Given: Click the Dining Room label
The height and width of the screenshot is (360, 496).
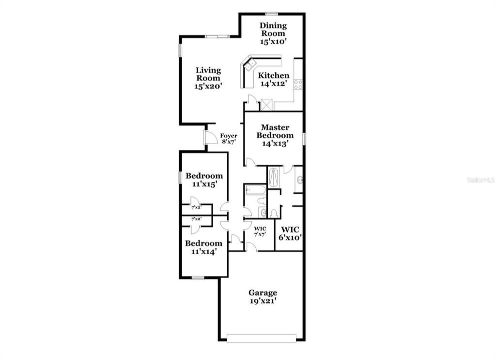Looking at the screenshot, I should [273, 33].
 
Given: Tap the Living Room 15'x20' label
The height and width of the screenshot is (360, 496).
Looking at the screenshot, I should [208, 78].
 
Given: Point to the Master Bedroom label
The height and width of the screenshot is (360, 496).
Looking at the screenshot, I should [275, 135].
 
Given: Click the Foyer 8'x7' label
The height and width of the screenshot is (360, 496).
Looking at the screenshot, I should [229, 138].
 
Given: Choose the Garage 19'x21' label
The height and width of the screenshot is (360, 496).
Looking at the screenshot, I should [263, 297].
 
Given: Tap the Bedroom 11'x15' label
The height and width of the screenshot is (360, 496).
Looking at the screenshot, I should [204, 179].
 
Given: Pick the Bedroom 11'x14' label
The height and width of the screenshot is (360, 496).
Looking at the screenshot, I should [203, 247].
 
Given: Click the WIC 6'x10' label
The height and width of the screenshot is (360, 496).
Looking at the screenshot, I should [290, 234].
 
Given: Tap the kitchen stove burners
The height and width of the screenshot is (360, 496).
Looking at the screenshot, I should [298, 84].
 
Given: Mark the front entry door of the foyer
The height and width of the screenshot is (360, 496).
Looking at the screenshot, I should [210, 137].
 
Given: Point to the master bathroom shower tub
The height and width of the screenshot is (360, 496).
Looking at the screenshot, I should [274, 177].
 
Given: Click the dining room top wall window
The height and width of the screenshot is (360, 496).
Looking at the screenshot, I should [272, 13].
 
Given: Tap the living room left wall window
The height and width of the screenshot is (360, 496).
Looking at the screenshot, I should [180, 50].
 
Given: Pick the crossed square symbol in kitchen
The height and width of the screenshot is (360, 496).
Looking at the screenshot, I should [266, 104].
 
